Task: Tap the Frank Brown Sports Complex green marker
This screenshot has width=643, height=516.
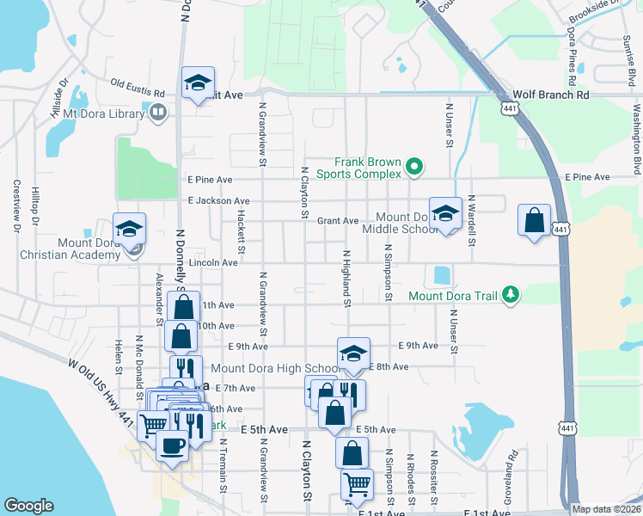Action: tap(413, 166)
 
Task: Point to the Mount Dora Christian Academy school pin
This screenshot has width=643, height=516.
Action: tap(129, 230)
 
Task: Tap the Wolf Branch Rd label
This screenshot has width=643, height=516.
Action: tap(551, 95)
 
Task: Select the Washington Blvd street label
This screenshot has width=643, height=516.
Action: tap(637, 138)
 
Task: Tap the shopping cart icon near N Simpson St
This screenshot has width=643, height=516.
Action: tap(356, 483)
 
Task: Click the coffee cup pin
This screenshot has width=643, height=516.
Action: tap(172, 446)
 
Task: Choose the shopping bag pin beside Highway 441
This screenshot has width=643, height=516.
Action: tap(534, 221)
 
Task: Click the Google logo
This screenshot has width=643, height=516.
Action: tap(28, 506)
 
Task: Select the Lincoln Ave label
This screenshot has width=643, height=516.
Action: tap(212, 262)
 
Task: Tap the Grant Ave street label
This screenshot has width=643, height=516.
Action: tap(338, 221)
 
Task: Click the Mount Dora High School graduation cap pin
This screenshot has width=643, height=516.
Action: tap(352, 353)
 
